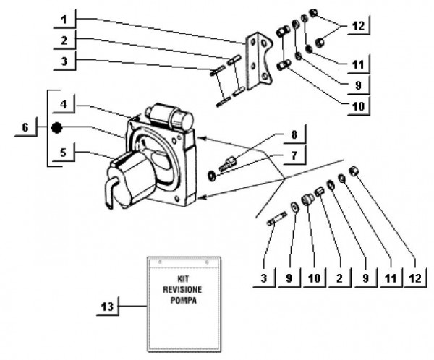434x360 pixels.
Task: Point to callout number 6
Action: click(x=25, y=128)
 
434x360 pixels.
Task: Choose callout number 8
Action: click(x=294, y=134)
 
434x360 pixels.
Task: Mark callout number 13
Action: click(x=106, y=307)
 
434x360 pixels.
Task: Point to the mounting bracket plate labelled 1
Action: click(x=255, y=61)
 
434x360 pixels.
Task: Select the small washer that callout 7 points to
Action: click(x=210, y=175)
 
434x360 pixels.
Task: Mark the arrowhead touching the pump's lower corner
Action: click(x=202, y=197)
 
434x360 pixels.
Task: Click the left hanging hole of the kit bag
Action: click(x=160, y=260)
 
